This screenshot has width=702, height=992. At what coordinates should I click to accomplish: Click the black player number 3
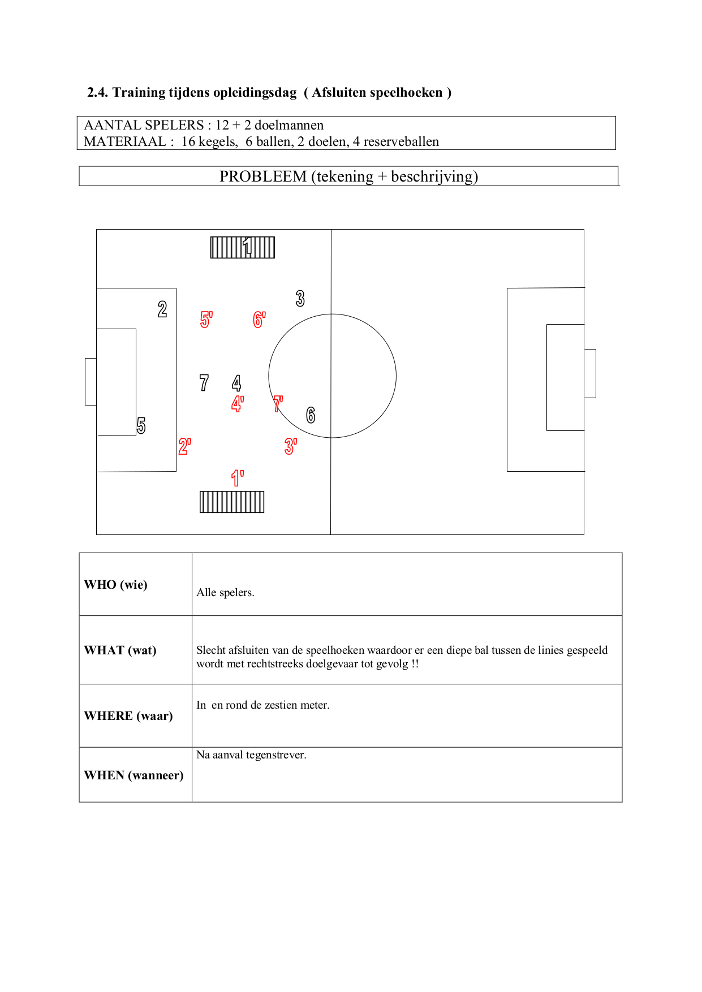coord(300,298)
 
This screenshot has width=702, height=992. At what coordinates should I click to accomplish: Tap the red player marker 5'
coord(206,320)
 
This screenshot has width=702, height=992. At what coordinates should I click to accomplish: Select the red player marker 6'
coord(259,320)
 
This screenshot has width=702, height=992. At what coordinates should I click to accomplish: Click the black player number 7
coord(204,383)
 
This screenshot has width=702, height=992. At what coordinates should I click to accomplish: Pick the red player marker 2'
coord(184,446)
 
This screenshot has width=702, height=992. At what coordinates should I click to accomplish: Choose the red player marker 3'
coord(290,446)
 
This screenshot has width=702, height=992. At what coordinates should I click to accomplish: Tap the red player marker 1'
coord(238,478)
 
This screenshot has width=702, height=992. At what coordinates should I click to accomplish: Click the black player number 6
coord(311,415)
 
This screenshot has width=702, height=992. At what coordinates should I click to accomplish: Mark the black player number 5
coord(141,425)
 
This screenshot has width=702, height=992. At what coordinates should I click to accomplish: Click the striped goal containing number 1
coord(243,248)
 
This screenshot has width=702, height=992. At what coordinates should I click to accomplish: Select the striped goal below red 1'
coord(232,502)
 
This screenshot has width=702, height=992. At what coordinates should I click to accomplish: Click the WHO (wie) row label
coord(116,585)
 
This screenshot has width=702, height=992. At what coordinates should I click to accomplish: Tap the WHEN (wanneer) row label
coord(134,775)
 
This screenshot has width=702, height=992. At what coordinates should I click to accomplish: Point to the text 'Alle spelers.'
coord(225,593)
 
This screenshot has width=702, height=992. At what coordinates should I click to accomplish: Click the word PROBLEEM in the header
coord(263,176)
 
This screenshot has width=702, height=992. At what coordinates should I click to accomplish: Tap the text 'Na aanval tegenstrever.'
coord(251,755)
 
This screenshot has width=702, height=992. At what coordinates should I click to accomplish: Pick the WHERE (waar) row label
coord(128,716)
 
